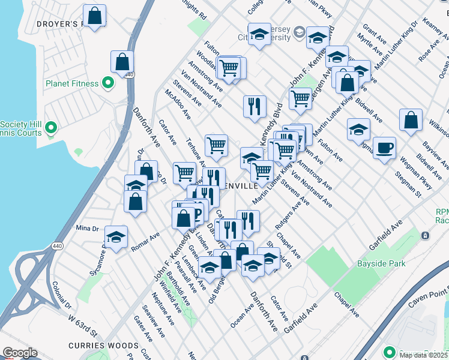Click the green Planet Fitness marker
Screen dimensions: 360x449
(x=108, y=82)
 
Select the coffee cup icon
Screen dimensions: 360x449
(x=384, y=148)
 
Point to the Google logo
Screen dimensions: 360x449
(x=19, y=353)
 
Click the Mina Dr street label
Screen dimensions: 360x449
(x=87, y=228)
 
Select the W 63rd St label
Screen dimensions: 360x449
(x=82, y=324)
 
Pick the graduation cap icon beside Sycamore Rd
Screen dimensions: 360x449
(x=116, y=236)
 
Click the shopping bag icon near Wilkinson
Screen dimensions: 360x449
(x=411, y=121)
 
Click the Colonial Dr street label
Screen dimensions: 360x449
(x=62, y=295)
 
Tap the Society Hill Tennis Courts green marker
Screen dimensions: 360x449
(x=51, y=127)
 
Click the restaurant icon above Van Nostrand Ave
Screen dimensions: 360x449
(x=255, y=106)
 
